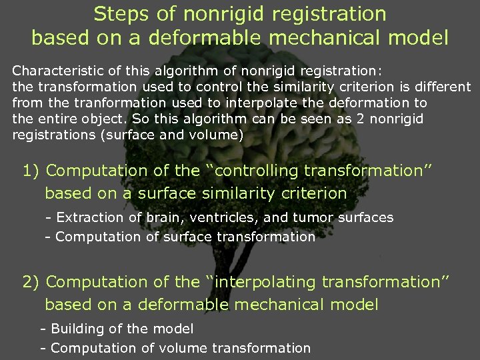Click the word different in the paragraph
[x=441, y=87]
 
